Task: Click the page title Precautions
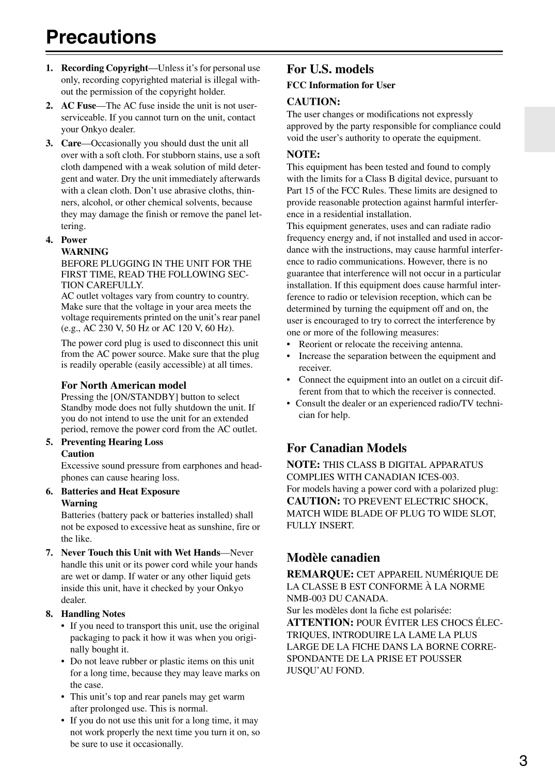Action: point(101,37)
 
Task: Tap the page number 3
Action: point(523,761)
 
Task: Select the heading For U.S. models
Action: point(330,69)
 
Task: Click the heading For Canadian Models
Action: point(346,448)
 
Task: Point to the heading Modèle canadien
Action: point(333,558)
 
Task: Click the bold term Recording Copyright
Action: point(104,68)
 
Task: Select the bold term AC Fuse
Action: point(78,106)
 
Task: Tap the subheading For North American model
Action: point(123,385)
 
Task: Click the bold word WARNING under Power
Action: point(85,252)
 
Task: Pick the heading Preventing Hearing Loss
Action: point(112,442)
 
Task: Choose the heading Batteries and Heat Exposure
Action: point(120,492)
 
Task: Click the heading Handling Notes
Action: point(93,614)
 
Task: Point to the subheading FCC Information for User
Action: point(341,85)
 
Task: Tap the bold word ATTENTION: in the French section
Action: point(320,623)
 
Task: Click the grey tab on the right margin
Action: point(540,129)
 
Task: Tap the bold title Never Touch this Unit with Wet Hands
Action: point(140,553)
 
